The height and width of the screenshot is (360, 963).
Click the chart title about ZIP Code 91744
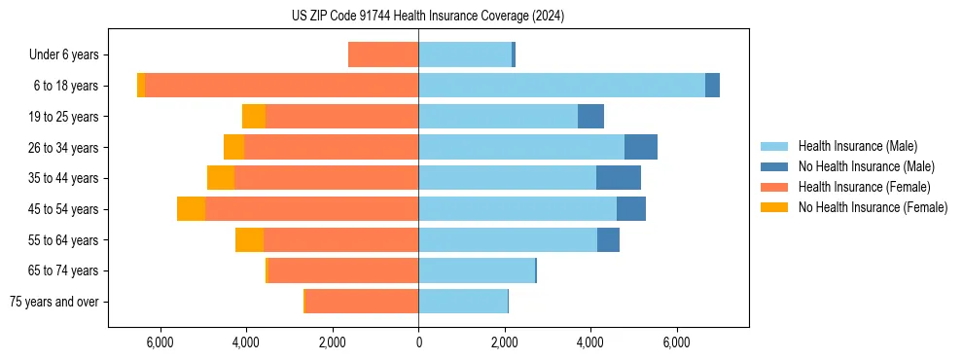click(x=428, y=17)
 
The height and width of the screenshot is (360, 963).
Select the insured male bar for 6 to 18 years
click(x=561, y=86)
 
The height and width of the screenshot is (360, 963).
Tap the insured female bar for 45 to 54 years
click(x=311, y=209)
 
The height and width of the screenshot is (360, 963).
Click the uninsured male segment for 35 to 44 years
click(x=619, y=178)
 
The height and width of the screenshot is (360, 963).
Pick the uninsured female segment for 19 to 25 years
click(x=254, y=117)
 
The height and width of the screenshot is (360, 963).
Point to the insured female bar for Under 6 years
click(x=383, y=55)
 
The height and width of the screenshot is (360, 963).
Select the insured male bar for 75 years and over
click(x=463, y=302)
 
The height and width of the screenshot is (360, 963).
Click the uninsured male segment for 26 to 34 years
click(x=641, y=147)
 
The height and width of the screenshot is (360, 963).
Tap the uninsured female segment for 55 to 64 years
click(x=249, y=240)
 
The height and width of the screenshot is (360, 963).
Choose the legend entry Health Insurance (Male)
click(x=856, y=146)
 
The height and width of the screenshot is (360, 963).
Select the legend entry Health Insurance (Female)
click(x=864, y=187)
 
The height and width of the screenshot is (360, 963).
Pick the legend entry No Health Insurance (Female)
click(x=873, y=207)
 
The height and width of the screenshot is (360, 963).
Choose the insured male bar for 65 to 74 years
click(x=477, y=270)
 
